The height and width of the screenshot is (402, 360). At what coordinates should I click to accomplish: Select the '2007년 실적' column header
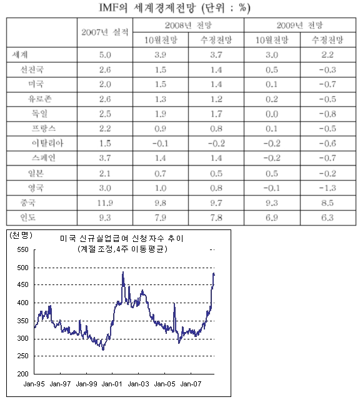(x=105, y=33)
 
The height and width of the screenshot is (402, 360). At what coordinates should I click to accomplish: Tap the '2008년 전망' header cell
(x=188, y=25)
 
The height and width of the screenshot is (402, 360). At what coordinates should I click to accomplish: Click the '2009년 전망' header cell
(x=300, y=25)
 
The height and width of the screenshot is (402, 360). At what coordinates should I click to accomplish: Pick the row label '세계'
(x=20, y=54)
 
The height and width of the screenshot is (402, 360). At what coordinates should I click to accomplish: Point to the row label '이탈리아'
(x=47, y=143)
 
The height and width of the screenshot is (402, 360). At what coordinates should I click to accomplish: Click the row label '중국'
(x=28, y=203)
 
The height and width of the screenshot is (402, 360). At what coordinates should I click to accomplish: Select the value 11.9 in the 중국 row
(x=105, y=203)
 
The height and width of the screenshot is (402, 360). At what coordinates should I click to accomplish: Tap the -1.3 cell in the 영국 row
(x=327, y=188)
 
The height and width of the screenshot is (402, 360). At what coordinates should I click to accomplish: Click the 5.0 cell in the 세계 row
(x=105, y=55)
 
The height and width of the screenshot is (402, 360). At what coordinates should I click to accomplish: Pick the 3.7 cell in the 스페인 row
(x=105, y=158)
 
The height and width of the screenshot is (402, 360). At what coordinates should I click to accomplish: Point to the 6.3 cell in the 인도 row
(x=327, y=218)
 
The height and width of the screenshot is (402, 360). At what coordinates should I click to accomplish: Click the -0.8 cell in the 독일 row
(x=327, y=114)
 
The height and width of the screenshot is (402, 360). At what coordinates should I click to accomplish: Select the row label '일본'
(x=36, y=173)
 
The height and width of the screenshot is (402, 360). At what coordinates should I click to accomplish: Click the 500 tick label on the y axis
(x=22, y=268)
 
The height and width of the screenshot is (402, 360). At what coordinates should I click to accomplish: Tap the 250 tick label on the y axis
(x=22, y=356)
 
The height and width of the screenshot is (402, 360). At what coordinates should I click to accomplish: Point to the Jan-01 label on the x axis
(x=112, y=384)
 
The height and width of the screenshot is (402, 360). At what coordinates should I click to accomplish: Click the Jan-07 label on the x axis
(x=191, y=384)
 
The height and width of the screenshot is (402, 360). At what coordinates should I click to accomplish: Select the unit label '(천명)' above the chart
(x=21, y=235)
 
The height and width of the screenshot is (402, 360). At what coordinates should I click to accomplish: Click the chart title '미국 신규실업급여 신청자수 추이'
(x=122, y=238)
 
